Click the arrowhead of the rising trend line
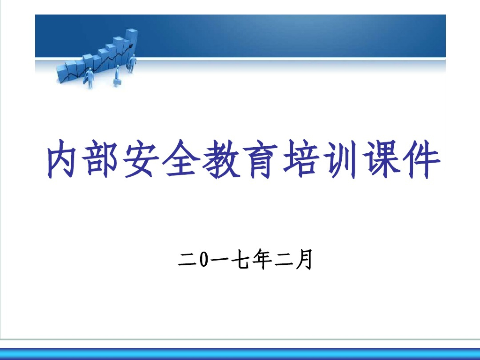coord(131,45)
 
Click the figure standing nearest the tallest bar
coord(132,64)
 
